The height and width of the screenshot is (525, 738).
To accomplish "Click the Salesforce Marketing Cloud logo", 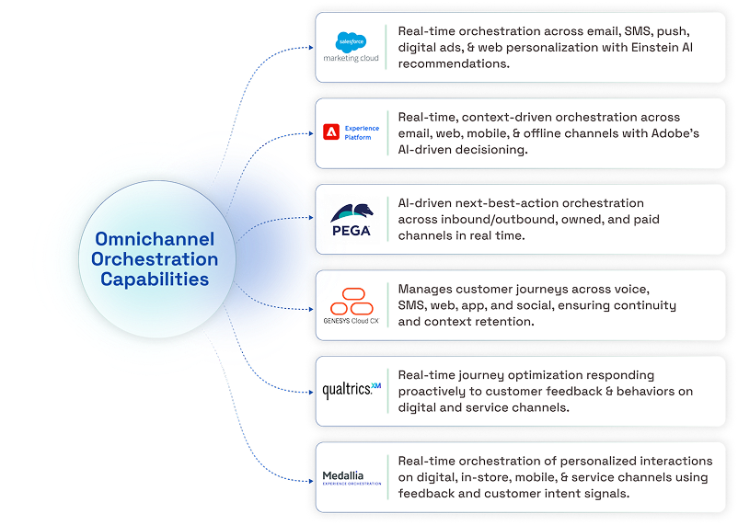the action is click(351, 47).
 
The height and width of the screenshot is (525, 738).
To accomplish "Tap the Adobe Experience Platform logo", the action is click(351, 132).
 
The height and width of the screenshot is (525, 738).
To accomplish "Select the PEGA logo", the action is click(352, 220).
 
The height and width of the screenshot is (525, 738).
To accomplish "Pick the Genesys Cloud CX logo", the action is click(352, 306).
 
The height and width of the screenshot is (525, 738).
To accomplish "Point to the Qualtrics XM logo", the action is click(352, 390).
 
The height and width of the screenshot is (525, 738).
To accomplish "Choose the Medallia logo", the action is click(352, 477).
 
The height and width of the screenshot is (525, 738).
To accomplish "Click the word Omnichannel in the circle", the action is click(155, 239).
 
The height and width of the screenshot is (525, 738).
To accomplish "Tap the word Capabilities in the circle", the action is click(155, 280).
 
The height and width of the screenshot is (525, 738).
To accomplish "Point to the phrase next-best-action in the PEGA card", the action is click(501, 203).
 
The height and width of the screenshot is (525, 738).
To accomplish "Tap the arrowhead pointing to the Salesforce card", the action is click(311, 47).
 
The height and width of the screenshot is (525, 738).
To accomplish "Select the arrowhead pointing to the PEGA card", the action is click(311, 217).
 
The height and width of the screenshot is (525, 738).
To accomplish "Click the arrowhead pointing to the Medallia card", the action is click(311, 481).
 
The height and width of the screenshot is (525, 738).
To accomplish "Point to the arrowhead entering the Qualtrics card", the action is click(311, 392).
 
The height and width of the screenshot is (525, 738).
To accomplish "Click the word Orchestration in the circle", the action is click(155, 259).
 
